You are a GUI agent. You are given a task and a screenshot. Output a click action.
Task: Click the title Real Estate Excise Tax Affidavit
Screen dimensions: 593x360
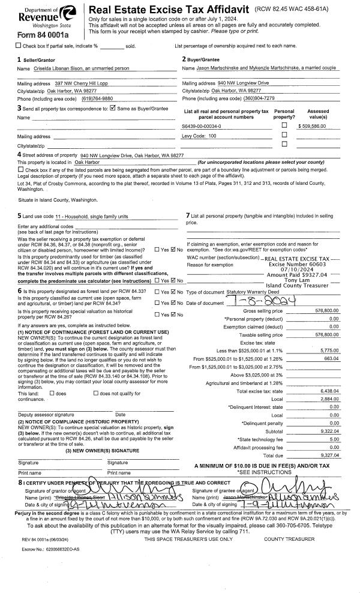(x=154, y=10)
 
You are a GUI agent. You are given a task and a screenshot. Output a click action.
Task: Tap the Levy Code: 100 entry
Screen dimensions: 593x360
(x=199, y=136)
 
